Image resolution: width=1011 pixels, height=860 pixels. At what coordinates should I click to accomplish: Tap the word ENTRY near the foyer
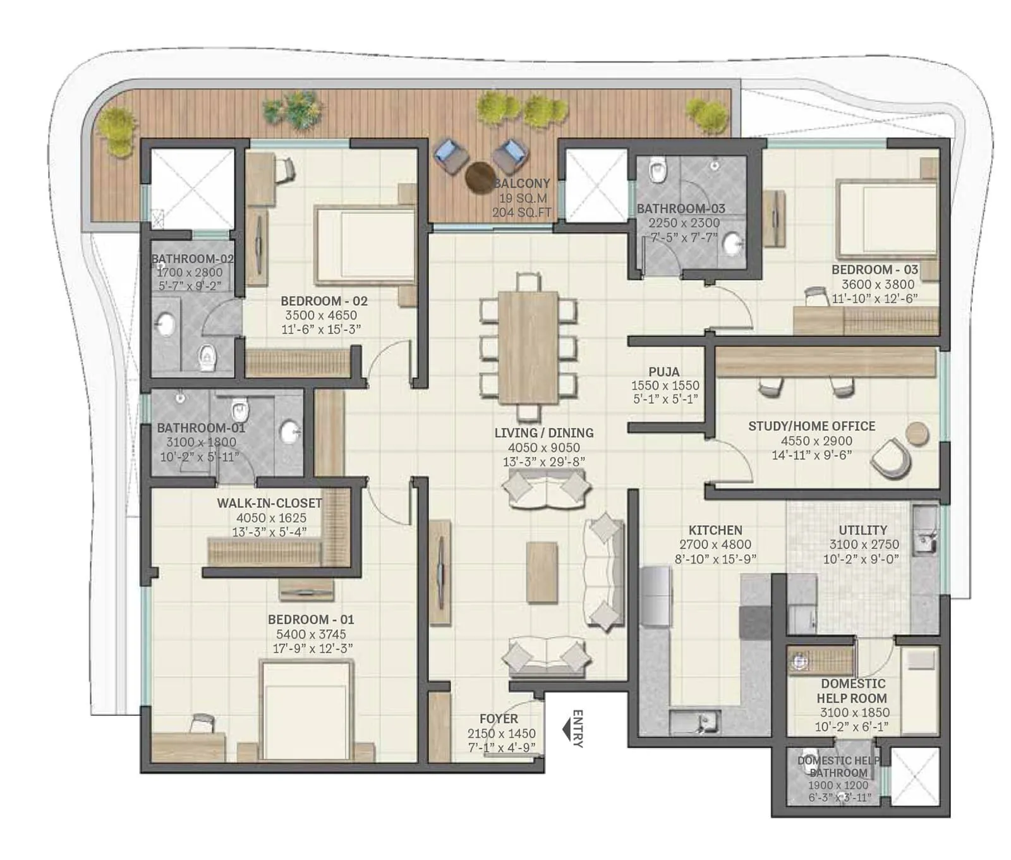[x=577, y=729]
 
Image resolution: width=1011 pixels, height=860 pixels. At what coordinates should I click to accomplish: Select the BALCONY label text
[x=521, y=183]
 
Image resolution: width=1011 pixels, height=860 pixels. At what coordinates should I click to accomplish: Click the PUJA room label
[x=664, y=372]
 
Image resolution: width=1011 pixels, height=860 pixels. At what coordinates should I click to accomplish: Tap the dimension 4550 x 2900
[x=811, y=440]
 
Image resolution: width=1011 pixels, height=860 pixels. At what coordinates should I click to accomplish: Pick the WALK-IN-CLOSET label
[x=269, y=503]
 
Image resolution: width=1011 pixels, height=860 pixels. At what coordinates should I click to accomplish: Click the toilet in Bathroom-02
[x=207, y=358]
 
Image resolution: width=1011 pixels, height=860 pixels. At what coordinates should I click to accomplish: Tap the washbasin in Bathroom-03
[x=733, y=244]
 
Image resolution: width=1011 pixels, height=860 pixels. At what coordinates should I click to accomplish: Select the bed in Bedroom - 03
[x=887, y=218]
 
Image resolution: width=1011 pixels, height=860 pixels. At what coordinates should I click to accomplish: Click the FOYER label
[x=499, y=718]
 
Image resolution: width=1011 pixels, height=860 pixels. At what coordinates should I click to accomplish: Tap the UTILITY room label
[x=863, y=530]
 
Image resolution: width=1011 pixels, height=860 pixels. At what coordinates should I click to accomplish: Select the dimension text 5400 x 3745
[x=310, y=634]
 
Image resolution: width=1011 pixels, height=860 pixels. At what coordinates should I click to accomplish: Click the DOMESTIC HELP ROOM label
[x=852, y=691]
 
